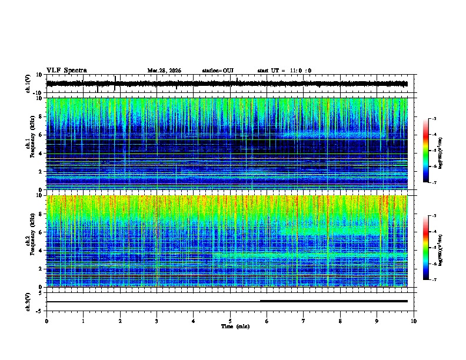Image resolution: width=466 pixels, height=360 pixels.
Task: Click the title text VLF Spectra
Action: [66, 71]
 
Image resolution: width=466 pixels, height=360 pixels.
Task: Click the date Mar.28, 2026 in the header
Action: [164, 71]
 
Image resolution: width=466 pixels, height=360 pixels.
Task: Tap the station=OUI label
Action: [218, 71]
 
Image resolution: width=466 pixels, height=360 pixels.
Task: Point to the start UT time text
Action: [284, 71]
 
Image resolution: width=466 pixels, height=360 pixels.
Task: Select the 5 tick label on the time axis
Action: [230, 321]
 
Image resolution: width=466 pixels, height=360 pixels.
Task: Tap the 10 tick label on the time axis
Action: [414, 321]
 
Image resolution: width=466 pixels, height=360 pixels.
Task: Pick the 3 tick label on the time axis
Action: [157, 321]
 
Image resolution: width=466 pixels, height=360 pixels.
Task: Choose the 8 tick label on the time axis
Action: [341, 321]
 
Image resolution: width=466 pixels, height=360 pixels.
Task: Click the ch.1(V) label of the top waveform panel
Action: [28, 84]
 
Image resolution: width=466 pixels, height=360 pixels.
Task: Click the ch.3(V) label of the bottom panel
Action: [28, 301]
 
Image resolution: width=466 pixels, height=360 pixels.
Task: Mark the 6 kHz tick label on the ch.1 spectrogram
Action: [41, 135]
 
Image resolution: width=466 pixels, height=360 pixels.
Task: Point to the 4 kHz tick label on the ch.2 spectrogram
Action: [41, 251]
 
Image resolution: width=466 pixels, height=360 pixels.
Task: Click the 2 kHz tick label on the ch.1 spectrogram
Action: [41, 172]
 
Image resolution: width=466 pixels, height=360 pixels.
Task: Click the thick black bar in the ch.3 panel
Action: [334, 301]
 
